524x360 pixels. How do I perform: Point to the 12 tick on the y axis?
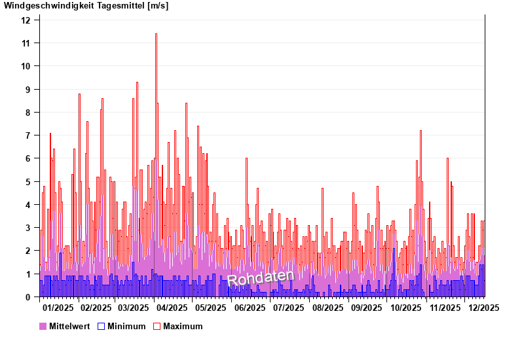[x=26, y=20]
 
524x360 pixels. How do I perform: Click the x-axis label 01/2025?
[x=58, y=308]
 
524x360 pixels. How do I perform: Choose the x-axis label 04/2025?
[x=172, y=308]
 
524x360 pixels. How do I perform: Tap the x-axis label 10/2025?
[x=406, y=308]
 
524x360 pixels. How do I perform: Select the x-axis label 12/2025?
[x=483, y=308]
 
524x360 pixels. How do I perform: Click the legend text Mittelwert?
[x=69, y=326]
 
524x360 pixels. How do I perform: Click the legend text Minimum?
[x=126, y=326]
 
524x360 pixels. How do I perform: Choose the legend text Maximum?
[x=183, y=326]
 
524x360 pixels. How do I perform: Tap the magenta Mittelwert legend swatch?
[x=43, y=326]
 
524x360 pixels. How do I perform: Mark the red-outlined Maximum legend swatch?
[x=157, y=326]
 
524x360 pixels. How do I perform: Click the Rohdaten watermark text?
[x=261, y=278]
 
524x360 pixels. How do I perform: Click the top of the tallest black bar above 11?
[x=156, y=34]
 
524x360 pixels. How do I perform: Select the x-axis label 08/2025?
[x=328, y=308]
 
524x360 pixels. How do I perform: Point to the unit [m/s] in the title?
[x=157, y=6]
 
